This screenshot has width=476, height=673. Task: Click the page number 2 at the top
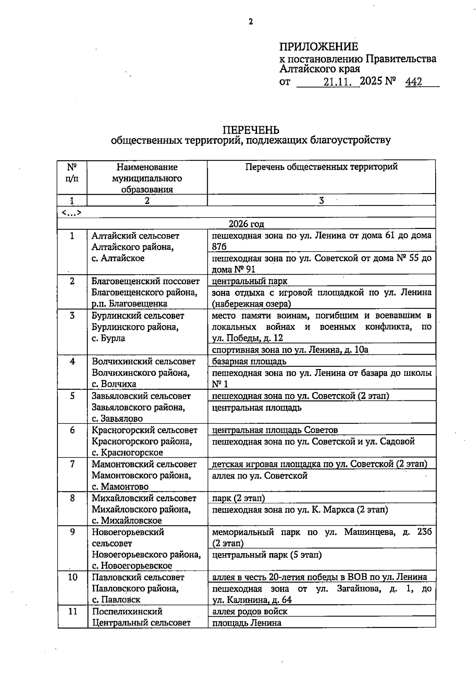tap(250, 22)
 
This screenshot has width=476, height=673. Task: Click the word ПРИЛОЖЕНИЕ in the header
tap(319, 47)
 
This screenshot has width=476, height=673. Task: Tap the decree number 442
tap(413, 82)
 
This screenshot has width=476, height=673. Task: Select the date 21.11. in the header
tap(338, 82)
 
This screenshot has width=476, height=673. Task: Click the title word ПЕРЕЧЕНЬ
tap(250, 130)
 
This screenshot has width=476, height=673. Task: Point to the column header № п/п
tap(72, 173)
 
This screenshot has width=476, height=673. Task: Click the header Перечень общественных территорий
tap(321, 167)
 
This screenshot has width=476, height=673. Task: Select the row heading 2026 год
tap(246, 224)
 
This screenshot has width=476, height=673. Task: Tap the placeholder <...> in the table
tap(71, 213)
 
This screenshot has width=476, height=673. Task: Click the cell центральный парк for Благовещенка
tap(250, 281)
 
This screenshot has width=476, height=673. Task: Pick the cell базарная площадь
tap(249, 361)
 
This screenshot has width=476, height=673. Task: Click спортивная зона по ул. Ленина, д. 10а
tap(290, 350)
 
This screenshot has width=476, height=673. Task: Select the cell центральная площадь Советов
tap(275, 430)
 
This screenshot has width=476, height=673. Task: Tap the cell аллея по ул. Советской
tap(260, 475)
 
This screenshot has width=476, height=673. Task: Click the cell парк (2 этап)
tap(238, 498)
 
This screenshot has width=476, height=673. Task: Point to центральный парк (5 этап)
tap(267, 555)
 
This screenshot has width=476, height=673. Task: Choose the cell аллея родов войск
tap(250, 611)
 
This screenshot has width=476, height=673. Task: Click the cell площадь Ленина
tap(246, 623)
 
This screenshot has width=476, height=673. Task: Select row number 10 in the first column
tap(73, 577)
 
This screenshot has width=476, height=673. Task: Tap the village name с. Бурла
tap(108, 338)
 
